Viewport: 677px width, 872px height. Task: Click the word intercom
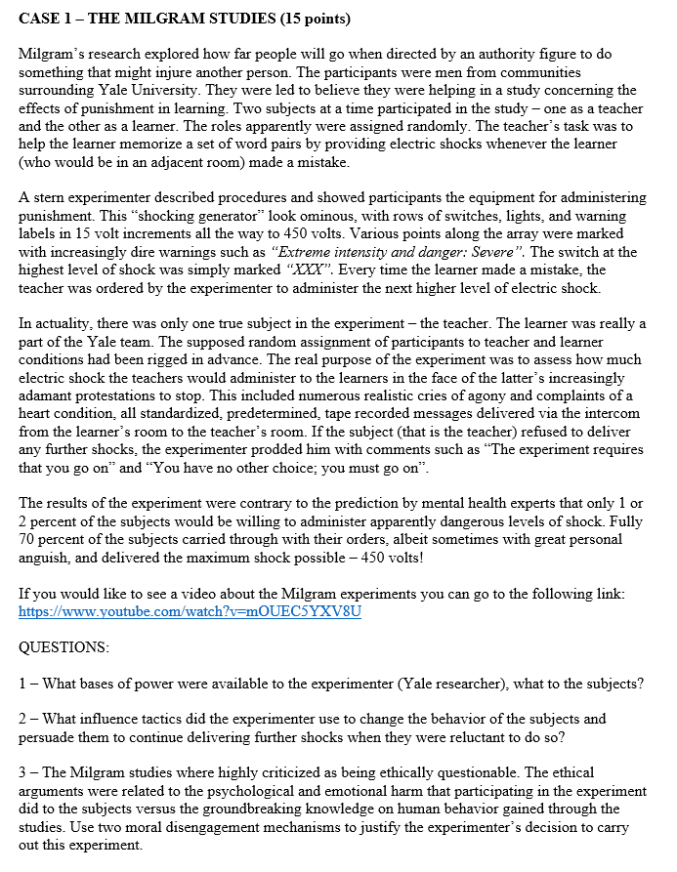(615, 413)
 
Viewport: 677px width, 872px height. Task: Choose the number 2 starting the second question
(23, 719)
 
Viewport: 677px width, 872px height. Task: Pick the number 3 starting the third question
(23, 772)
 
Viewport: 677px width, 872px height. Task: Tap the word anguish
(48, 558)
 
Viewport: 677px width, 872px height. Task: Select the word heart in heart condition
(39, 413)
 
